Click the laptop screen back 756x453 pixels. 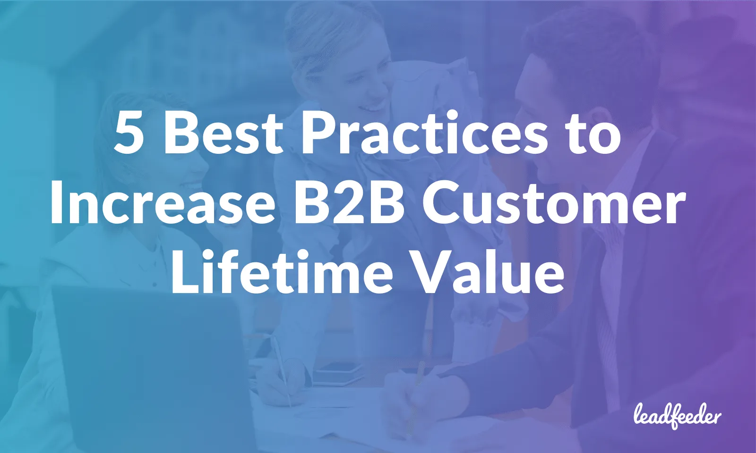(142, 363)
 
